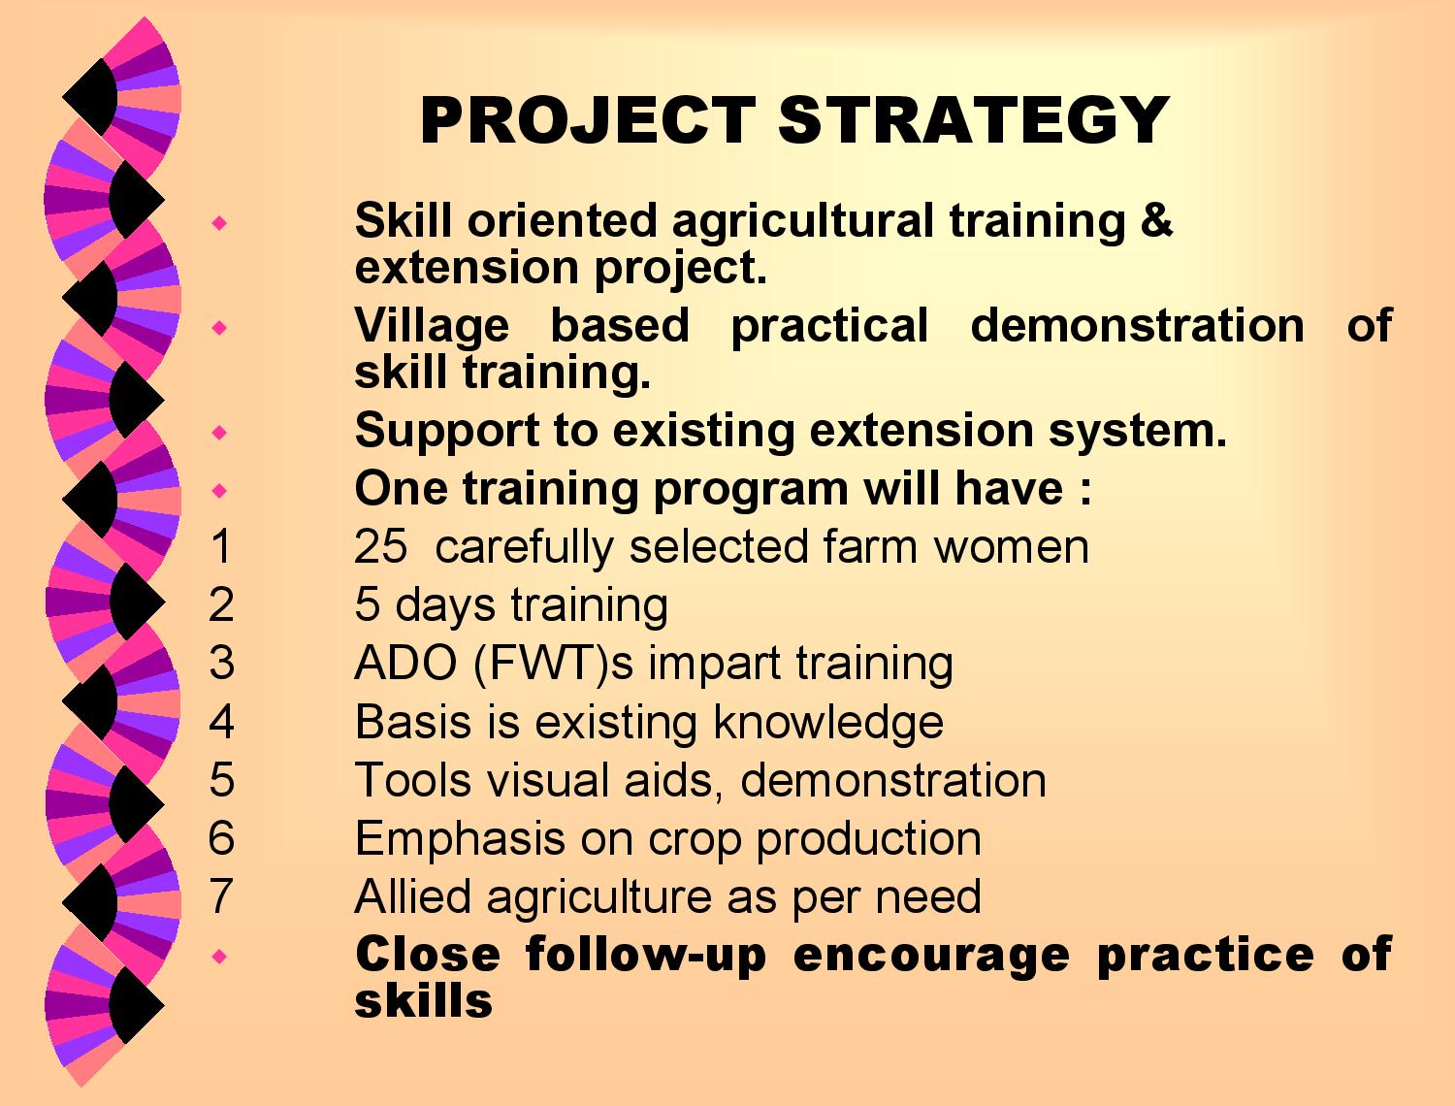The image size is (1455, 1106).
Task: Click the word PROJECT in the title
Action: tap(588, 120)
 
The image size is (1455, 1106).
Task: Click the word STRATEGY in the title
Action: tap(974, 120)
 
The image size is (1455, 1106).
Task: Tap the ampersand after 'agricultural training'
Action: tap(1156, 220)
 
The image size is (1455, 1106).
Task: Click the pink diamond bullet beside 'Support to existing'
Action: tap(219, 433)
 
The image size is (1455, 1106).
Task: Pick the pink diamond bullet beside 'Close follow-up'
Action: tap(219, 957)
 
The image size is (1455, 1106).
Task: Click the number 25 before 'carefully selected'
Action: tap(380, 547)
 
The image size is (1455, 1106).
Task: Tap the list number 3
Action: tap(221, 663)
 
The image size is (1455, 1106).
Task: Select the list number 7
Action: tap(221, 895)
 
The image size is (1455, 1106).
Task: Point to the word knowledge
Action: tap(828, 724)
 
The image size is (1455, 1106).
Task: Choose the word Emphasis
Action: tap(460, 840)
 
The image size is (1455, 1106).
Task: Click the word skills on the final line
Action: tap(424, 1000)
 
